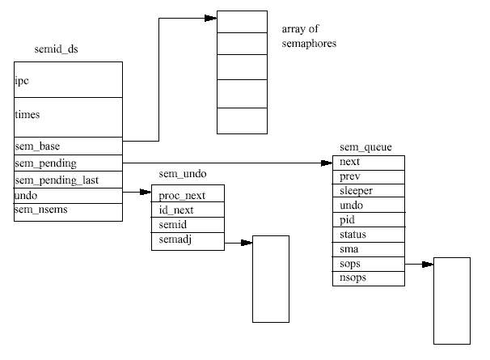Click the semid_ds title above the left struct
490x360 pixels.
tap(57, 49)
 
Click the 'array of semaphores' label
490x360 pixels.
tap(309, 36)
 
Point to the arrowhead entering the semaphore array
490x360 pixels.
tap(210, 18)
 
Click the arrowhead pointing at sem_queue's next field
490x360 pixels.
tap(327, 163)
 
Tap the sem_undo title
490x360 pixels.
tap(183, 174)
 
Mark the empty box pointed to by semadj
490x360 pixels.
tap(271, 279)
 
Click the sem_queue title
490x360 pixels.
tap(365, 147)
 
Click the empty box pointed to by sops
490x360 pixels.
tap(452, 301)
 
